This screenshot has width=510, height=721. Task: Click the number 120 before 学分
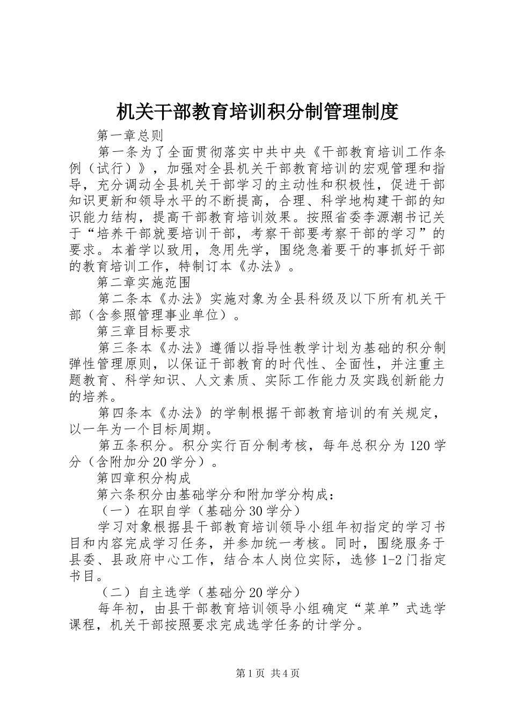click(x=419, y=446)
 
